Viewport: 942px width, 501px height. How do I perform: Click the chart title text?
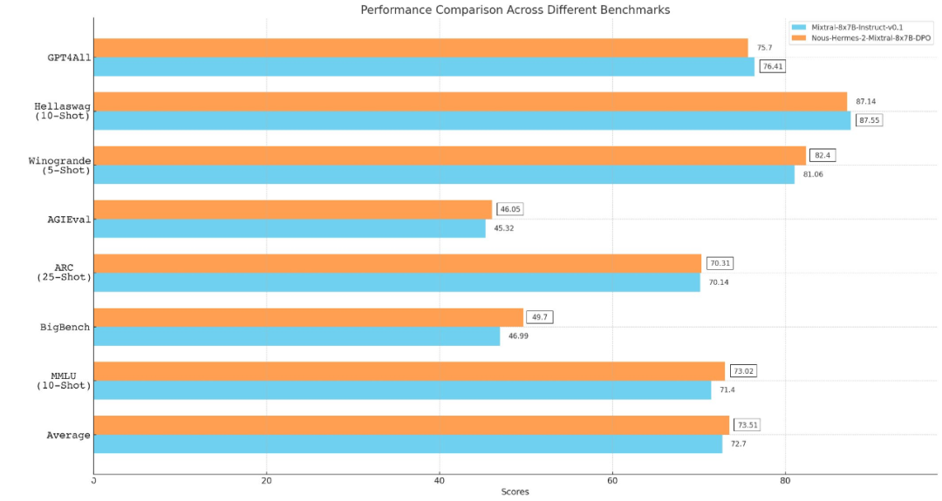pyautogui.click(x=515, y=10)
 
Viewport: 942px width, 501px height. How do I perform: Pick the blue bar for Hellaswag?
pyautogui.click(x=471, y=120)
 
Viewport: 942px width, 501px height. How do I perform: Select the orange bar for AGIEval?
pyautogui.click(x=292, y=209)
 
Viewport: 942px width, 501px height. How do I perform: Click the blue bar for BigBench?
pyautogui.click(x=297, y=336)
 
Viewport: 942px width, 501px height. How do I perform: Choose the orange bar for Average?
pyautogui.click(x=411, y=424)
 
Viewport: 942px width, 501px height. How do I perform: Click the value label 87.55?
pyautogui.click(x=869, y=120)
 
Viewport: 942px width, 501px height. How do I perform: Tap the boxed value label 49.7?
pyautogui.click(x=539, y=317)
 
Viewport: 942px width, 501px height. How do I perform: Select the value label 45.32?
pyautogui.click(x=505, y=228)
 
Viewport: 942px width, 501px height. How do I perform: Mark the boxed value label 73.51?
pyautogui.click(x=747, y=425)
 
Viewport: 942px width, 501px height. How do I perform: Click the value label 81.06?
pyautogui.click(x=813, y=174)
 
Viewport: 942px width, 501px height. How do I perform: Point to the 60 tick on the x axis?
pyautogui.click(x=612, y=480)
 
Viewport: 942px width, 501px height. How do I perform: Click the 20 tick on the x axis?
pyautogui.click(x=266, y=480)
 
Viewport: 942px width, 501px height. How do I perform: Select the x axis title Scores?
pyautogui.click(x=515, y=492)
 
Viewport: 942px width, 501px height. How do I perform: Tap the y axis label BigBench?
pyautogui.click(x=65, y=328)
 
